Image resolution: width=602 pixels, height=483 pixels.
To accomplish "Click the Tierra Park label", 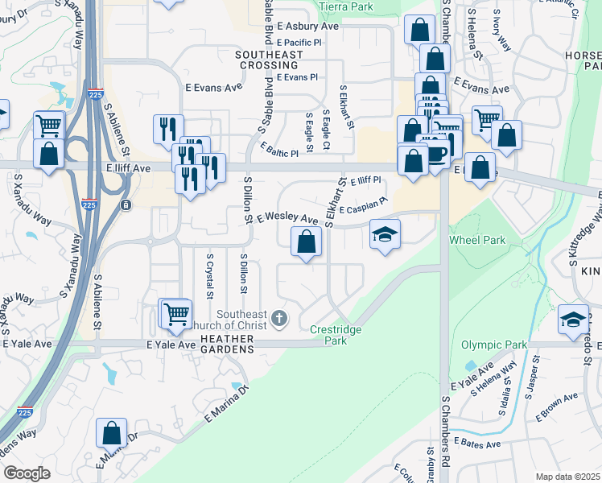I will [348, 6].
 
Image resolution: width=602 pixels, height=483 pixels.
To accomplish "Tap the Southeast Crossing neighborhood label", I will [269, 60].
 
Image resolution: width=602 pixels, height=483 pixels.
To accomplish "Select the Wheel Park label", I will [477, 240].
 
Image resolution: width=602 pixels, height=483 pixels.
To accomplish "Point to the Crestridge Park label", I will [336, 335].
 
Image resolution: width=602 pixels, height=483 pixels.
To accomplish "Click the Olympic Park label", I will [493, 345].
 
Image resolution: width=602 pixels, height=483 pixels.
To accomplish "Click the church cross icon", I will [279, 319].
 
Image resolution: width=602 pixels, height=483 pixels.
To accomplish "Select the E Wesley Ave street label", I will [287, 218].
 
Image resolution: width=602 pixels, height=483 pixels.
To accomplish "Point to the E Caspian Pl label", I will [363, 208].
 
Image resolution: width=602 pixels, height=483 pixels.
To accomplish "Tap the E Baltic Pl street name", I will [279, 149].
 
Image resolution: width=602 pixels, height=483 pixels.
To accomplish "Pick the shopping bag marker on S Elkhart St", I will [306, 242].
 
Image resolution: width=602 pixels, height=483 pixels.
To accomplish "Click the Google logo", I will [27, 473].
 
